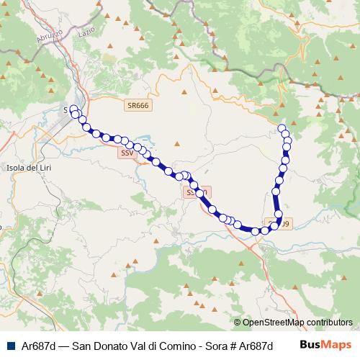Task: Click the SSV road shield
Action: pos(127,153)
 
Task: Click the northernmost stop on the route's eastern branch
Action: pos(282,128)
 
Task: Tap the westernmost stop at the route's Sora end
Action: pos(73,109)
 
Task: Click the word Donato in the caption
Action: pos(101,345)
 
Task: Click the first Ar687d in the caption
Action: pos(37,345)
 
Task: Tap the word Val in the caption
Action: pos(130,345)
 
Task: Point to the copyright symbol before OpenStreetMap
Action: pos(237,323)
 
